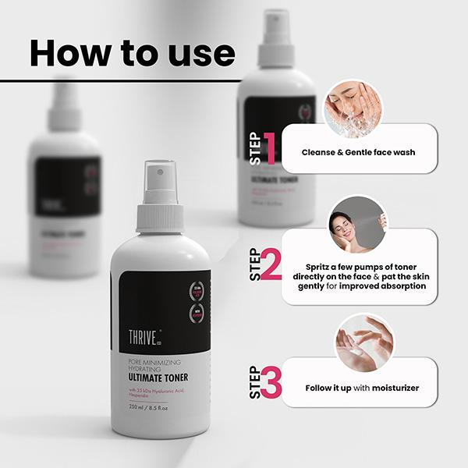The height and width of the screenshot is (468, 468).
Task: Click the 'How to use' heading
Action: tap(132, 52)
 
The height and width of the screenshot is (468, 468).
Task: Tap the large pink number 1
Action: tap(270, 148)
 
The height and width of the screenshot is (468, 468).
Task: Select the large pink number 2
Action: tap(270, 266)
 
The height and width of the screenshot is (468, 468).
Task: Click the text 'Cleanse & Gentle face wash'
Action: tap(358, 152)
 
